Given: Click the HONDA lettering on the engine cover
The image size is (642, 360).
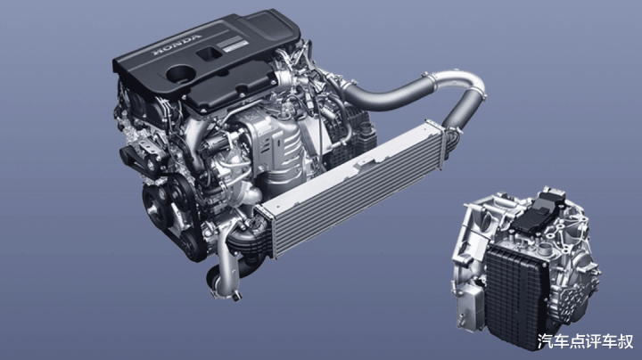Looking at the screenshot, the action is click(177, 45).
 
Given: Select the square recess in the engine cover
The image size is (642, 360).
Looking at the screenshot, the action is click(209, 53).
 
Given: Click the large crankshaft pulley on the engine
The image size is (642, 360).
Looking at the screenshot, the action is click(156, 207).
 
